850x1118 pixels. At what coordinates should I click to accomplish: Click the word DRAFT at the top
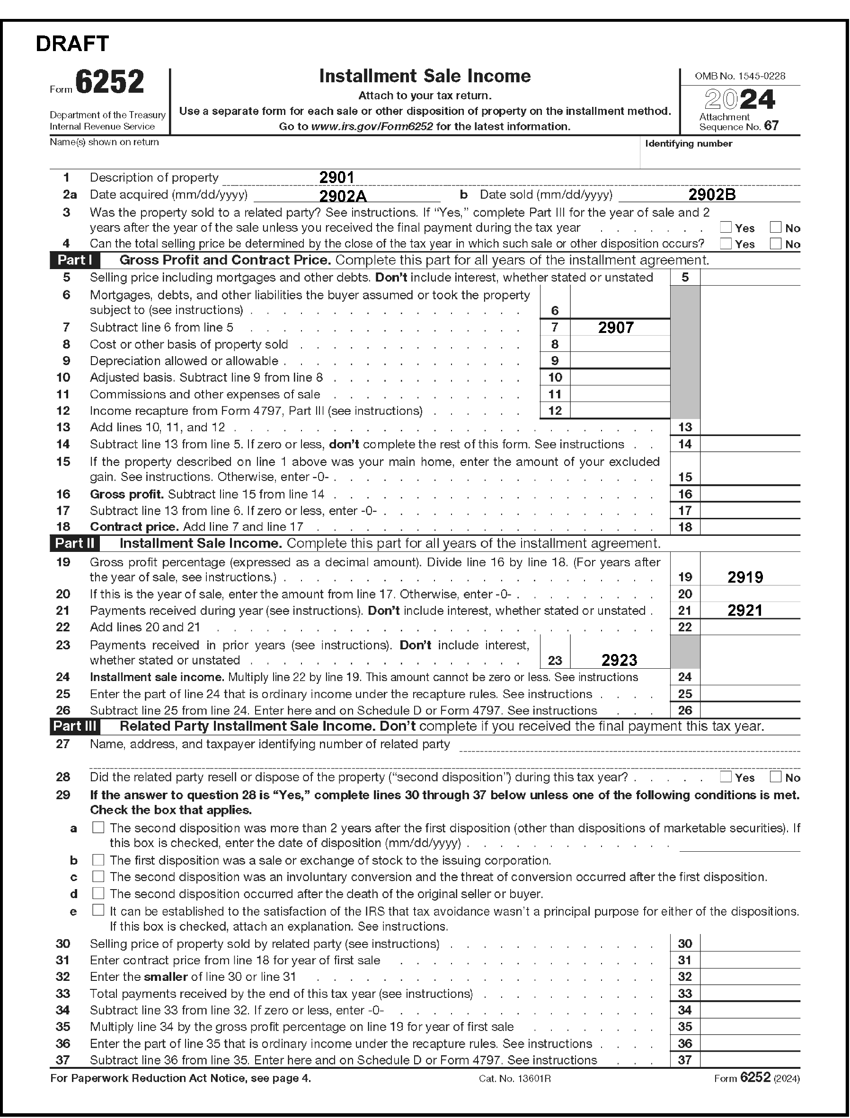(72, 44)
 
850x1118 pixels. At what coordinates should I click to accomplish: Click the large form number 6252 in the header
(110, 82)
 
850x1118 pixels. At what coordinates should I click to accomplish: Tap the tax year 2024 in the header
(740, 100)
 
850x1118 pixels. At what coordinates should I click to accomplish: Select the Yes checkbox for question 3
(726, 227)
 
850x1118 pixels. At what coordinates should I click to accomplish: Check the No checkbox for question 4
(775, 243)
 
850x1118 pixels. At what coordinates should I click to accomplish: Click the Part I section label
(74, 260)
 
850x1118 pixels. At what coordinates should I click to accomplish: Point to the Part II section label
(74, 543)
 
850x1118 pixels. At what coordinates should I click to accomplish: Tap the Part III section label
(74, 726)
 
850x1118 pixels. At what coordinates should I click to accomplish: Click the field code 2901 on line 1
(336, 177)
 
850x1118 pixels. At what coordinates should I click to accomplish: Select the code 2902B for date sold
(712, 195)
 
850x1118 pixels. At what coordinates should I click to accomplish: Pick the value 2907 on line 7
(616, 328)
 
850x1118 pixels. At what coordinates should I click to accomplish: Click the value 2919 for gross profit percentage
(745, 577)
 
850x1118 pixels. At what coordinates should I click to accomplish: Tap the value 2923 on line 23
(620, 660)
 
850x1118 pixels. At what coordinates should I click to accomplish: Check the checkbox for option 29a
(98, 828)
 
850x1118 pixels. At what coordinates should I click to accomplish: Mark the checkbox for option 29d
(98, 893)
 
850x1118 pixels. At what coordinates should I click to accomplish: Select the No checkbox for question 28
(775, 777)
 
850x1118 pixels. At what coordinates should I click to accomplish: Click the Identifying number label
(689, 144)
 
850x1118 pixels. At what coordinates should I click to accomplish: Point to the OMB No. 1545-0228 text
(740, 76)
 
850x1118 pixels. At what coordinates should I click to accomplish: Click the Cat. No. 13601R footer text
(514, 1079)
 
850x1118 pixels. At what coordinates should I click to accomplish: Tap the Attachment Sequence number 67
(771, 125)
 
